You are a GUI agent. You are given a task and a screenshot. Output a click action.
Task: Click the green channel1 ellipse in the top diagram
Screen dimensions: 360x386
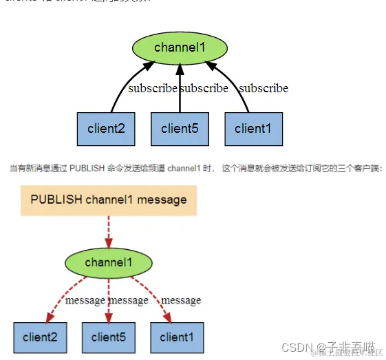click(180, 47)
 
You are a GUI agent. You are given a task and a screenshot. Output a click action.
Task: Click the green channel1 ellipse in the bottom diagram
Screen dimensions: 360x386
click(108, 262)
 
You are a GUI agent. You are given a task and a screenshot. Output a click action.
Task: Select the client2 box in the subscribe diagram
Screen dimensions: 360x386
click(105, 128)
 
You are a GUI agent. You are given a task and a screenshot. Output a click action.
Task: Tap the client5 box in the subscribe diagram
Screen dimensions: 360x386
click(180, 128)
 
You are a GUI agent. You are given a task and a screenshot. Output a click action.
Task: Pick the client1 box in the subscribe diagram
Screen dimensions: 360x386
click(253, 128)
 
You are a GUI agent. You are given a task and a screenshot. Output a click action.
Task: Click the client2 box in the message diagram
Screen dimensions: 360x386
click(40, 337)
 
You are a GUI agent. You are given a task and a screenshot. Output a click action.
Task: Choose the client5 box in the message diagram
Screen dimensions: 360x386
click(109, 337)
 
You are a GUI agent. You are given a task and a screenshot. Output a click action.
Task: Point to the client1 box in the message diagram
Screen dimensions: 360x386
click(177, 337)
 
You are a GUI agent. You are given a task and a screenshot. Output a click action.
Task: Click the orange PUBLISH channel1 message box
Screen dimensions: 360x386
click(109, 200)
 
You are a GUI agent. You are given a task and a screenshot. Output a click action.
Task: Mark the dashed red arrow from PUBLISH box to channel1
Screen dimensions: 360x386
click(109, 231)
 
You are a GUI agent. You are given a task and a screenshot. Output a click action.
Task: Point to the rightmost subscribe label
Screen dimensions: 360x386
click(264, 88)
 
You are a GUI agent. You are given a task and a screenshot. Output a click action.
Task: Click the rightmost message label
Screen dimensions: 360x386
click(181, 300)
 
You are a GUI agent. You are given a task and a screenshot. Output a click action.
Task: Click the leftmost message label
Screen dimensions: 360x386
click(85, 300)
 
